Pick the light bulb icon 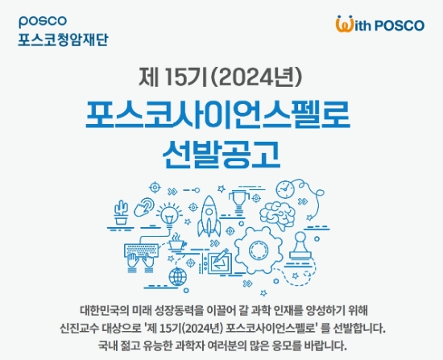[168, 215]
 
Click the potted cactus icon [122, 212]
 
